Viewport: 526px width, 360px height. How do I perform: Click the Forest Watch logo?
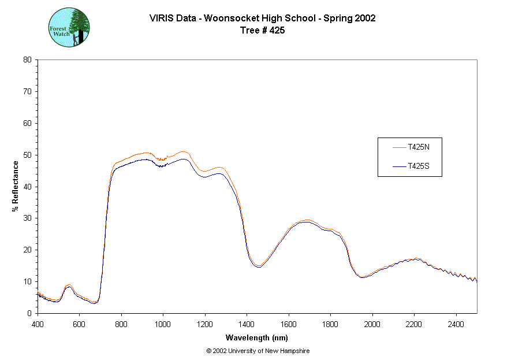click(69, 27)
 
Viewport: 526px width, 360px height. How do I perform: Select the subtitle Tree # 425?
click(262, 31)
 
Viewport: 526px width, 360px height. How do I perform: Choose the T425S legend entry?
click(418, 166)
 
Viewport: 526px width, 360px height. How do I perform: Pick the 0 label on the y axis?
click(29, 313)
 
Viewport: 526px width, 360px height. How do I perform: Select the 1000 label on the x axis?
click(163, 325)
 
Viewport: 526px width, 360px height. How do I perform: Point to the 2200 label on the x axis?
click(414, 325)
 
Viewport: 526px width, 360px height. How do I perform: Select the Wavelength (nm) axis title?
click(257, 338)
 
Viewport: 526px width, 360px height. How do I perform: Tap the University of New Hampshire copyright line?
click(258, 351)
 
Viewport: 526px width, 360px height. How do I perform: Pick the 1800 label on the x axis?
click(330, 325)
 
